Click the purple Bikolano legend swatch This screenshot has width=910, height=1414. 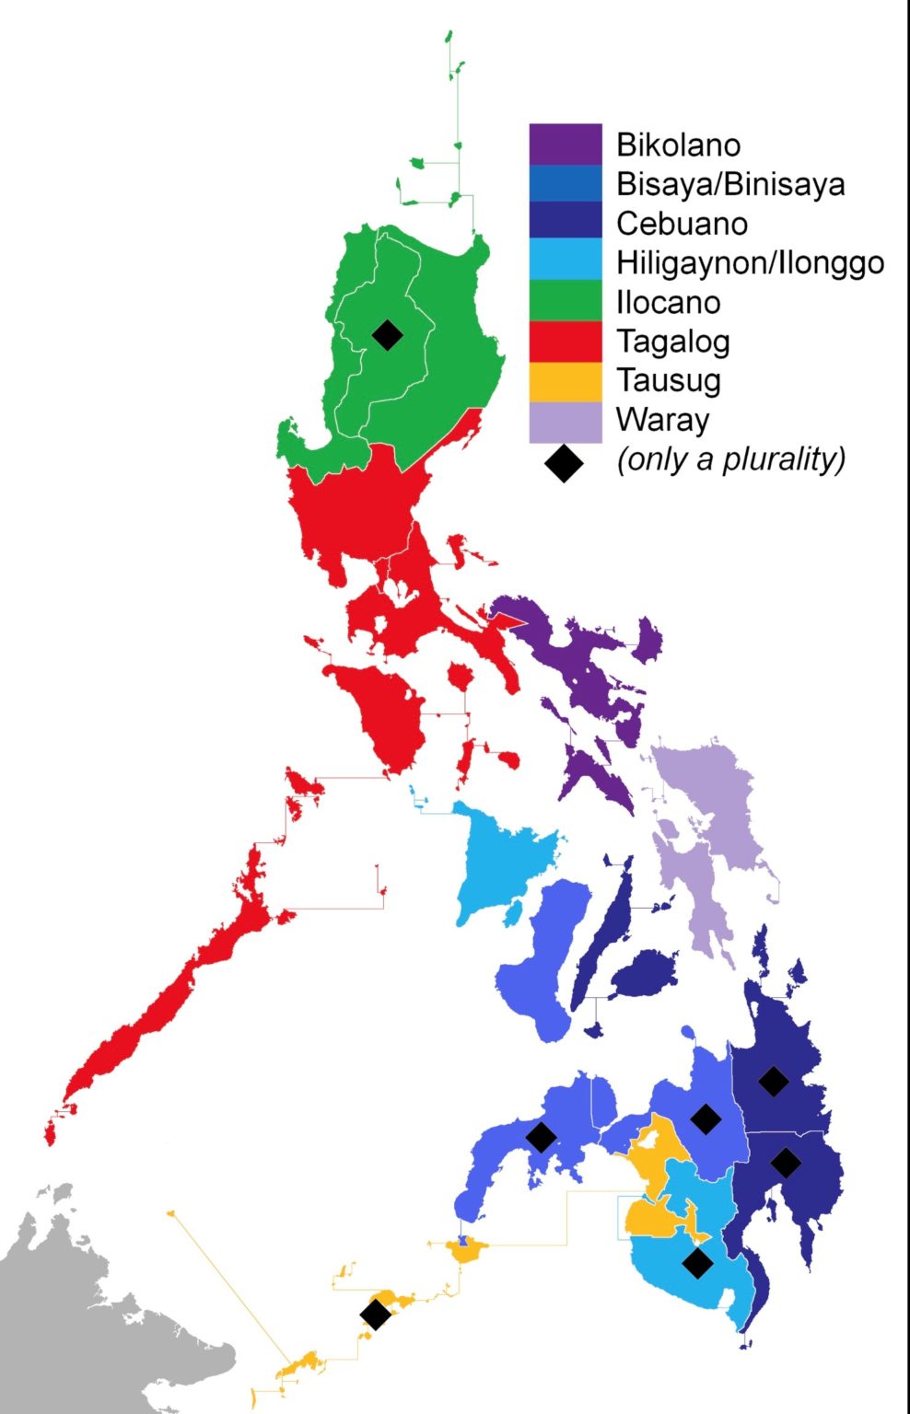click(x=565, y=145)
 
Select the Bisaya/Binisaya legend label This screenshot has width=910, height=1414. click(x=729, y=184)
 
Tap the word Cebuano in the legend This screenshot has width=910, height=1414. click(x=682, y=224)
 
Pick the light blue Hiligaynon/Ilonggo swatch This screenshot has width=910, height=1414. click(x=565, y=262)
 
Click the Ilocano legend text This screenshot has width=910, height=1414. click(x=668, y=302)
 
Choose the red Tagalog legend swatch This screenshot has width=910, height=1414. click(x=565, y=342)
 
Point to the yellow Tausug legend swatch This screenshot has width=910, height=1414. click(x=565, y=380)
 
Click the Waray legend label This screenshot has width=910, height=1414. click(x=662, y=420)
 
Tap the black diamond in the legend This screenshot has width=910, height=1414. click(x=564, y=463)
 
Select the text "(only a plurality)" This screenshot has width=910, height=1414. click(x=730, y=458)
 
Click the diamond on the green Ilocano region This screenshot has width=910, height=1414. click(x=388, y=334)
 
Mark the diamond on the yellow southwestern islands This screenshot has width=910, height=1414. click(x=375, y=1315)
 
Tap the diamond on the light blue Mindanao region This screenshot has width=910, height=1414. click(x=697, y=1263)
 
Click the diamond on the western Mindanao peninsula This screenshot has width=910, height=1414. click(x=541, y=1137)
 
